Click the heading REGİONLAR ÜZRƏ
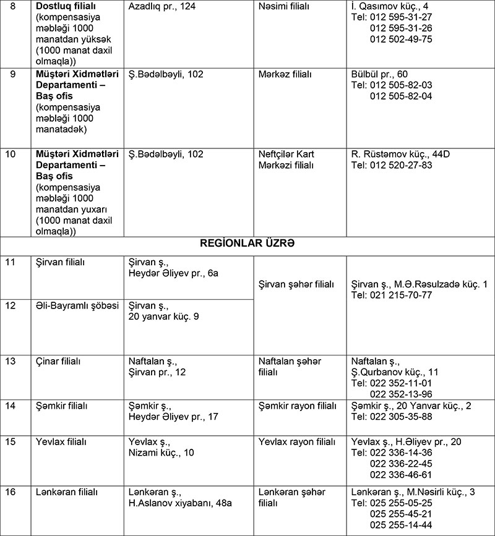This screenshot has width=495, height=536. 247,243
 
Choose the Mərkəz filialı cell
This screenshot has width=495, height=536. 285,74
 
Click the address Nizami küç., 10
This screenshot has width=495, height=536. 161,453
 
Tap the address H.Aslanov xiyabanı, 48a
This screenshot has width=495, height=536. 179,503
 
